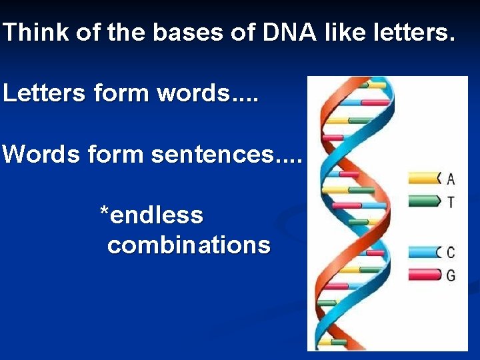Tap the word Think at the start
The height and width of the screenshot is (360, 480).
[x=36, y=33]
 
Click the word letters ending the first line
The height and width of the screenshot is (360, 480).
[x=413, y=33]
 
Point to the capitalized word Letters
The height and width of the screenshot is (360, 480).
[x=44, y=93]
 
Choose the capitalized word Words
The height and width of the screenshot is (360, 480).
[x=39, y=155]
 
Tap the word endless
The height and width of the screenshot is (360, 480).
[x=157, y=215]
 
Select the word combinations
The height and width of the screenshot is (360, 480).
[x=189, y=245]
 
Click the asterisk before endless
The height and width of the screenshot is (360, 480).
[x=104, y=213]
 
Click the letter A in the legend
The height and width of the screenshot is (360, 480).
[x=451, y=179]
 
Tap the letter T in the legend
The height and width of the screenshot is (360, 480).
[x=451, y=202]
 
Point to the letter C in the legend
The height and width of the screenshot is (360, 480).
[x=451, y=253]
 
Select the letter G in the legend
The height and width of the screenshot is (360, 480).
[x=451, y=275]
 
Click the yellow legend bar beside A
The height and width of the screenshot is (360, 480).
[x=422, y=177]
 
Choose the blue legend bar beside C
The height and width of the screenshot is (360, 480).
[x=422, y=252]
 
